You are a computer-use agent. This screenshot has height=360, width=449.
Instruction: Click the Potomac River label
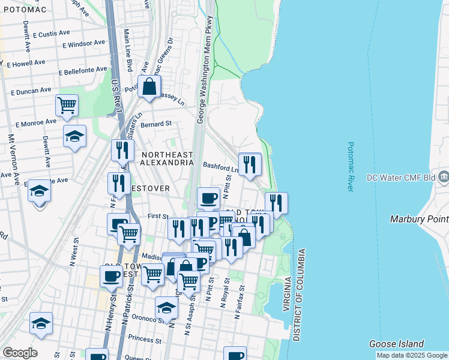pyautogui.click(x=351, y=167)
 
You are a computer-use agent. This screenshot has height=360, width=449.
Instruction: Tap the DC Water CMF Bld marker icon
pyautogui.click(x=444, y=176)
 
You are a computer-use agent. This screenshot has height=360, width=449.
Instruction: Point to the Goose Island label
pyautogui.click(x=396, y=344)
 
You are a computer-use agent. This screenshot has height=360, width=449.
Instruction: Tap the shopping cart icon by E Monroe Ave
pyautogui.click(x=67, y=105)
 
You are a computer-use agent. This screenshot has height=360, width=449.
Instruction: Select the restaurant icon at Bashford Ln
pyautogui.click(x=250, y=164)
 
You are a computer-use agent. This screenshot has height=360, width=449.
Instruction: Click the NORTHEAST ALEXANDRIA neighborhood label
pyautogui.click(x=167, y=158)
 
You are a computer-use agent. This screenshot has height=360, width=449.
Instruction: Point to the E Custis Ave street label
pyautogui.click(x=52, y=34)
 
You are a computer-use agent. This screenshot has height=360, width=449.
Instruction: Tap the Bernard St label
pyautogui.click(x=156, y=124)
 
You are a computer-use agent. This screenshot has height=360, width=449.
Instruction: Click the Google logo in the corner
pyautogui.click(x=19, y=353)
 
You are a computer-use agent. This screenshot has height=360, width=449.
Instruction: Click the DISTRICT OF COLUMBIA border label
pyautogui.click(x=304, y=295)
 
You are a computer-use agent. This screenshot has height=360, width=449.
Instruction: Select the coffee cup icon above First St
pyautogui.click(x=208, y=197)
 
